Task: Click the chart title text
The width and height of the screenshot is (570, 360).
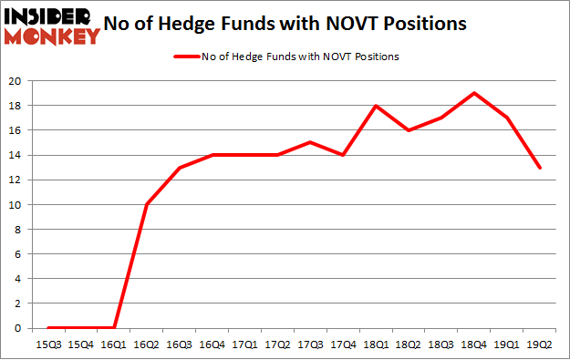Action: click(x=293, y=24)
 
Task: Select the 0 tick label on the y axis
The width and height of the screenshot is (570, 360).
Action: click(x=18, y=328)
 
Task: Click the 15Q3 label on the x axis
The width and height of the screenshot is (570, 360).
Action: click(x=47, y=344)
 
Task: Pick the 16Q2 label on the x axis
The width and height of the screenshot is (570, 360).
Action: click(x=147, y=344)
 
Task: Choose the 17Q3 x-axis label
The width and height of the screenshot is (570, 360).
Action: click(x=311, y=344)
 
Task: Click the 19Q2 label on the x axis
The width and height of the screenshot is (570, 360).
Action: click(x=541, y=344)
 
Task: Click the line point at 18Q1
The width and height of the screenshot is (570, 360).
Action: click(x=377, y=106)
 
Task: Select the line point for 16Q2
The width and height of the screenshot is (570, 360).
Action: click(x=147, y=204)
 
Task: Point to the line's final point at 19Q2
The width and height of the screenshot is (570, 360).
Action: click(x=541, y=168)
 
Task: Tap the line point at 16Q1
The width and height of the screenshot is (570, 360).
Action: click(x=114, y=327)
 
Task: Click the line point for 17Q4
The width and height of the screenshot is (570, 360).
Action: click(x=344, y=155)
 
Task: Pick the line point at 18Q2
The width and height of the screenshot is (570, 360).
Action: click(x=409, y=130)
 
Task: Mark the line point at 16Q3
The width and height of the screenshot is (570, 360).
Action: click(x=180, y=168)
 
